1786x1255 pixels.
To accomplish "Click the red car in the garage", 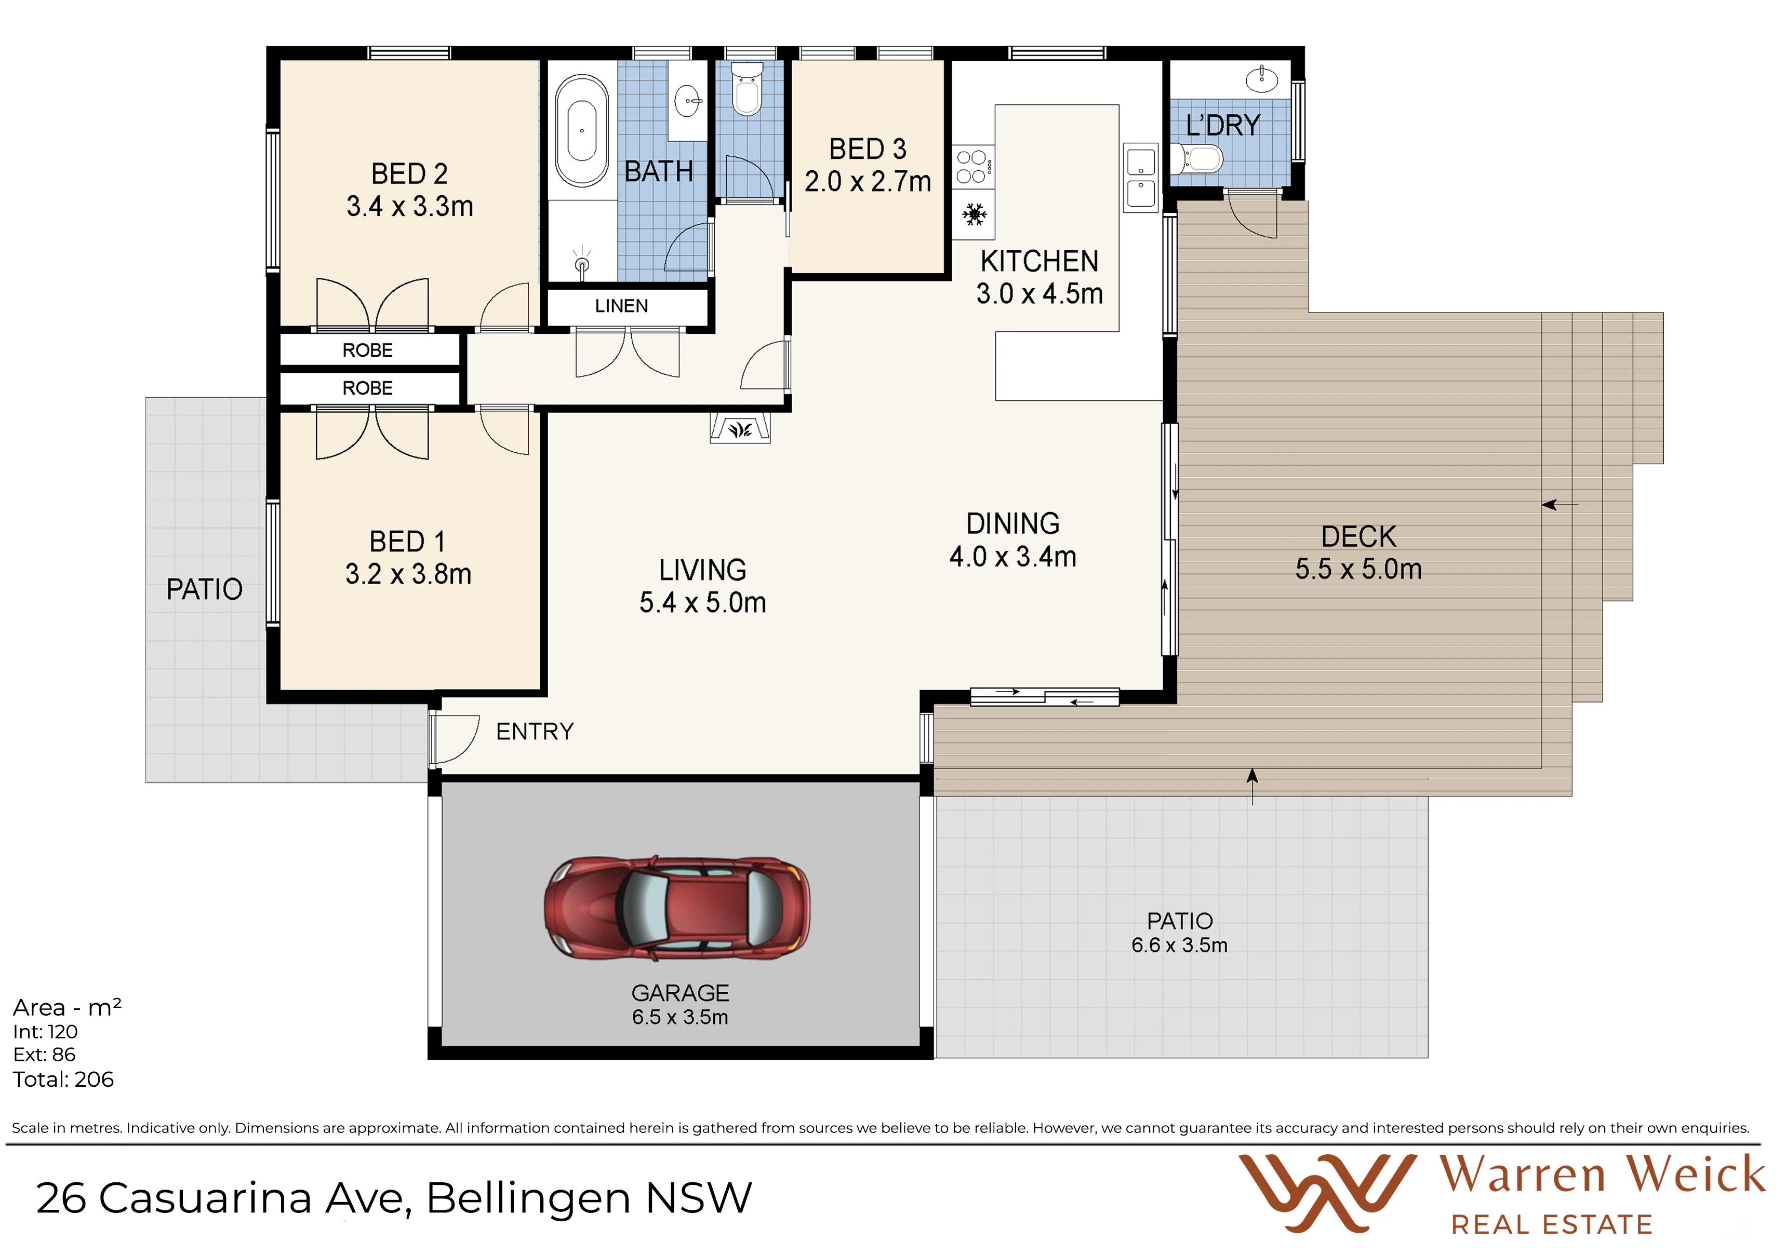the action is point(677,908).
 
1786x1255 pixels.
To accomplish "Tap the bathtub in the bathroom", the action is point(582,131).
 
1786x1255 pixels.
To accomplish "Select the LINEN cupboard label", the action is point(621,306).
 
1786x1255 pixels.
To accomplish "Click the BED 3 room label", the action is point(868,149).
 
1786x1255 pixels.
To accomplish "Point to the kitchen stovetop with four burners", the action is point(973,166).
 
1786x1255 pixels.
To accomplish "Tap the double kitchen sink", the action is point(1141,177).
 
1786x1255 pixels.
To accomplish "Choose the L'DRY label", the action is point(1223,125).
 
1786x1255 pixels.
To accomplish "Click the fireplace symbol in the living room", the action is point(740,428).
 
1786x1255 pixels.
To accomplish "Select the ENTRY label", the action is point(535,731).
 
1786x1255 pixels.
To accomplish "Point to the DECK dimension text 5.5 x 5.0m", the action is point(1358,569).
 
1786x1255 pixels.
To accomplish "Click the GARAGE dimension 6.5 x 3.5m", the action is point(680,1017).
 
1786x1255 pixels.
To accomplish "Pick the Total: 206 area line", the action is point(63,1079).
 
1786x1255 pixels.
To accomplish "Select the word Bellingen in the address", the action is point(528,1198).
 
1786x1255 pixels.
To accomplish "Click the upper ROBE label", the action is point(367,350).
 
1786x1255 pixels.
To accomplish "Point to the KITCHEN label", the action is point(1039,261).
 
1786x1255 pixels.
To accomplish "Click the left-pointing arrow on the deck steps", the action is point(1560,505).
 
